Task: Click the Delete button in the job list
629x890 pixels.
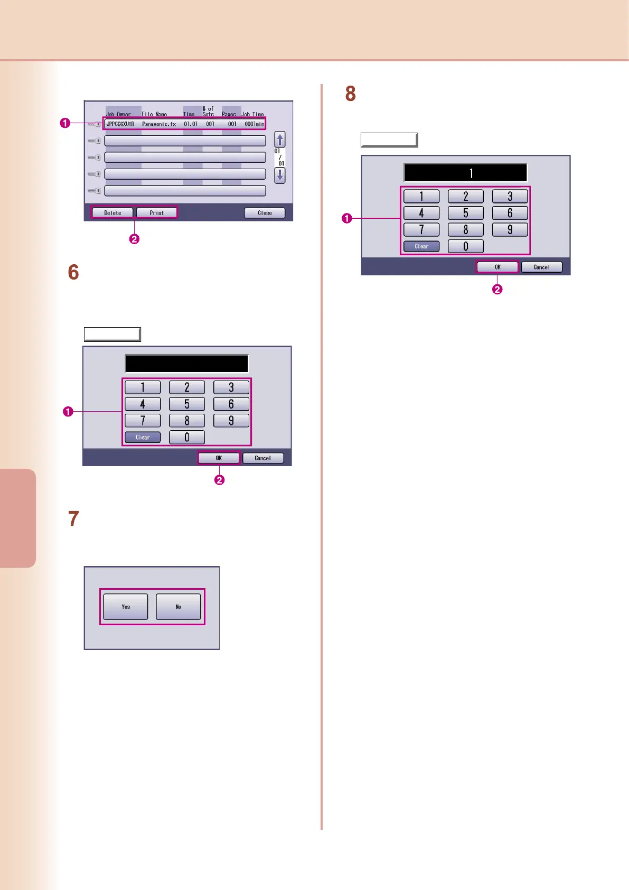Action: (x=112, y=213)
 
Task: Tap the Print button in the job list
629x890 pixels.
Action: (x=156, y=213)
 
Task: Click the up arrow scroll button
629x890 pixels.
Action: (x=280, y=140)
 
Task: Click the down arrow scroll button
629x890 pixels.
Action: (x=280, y=175)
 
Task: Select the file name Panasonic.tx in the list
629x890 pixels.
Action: (x=159, y=124)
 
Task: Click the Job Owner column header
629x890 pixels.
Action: (x=118, y=114)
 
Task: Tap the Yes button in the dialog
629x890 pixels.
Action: (x=126, y=607)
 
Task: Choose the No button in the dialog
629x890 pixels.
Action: (x=179, y=607)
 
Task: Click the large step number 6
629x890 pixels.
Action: (x=73, y=273)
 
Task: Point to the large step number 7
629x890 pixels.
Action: (x=73, y=519)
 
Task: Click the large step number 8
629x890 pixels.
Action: (x=350, y=94)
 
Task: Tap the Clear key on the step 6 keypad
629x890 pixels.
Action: (x=143, y=438)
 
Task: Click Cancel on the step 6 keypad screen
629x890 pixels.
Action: (x=262, y=458)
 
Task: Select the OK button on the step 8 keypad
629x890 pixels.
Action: (x=497, y=267)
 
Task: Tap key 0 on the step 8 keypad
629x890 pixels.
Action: (x=465, y=246)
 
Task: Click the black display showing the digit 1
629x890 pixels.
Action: (x=465, y=173)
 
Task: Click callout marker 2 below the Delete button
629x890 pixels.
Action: (x=135, y=239)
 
